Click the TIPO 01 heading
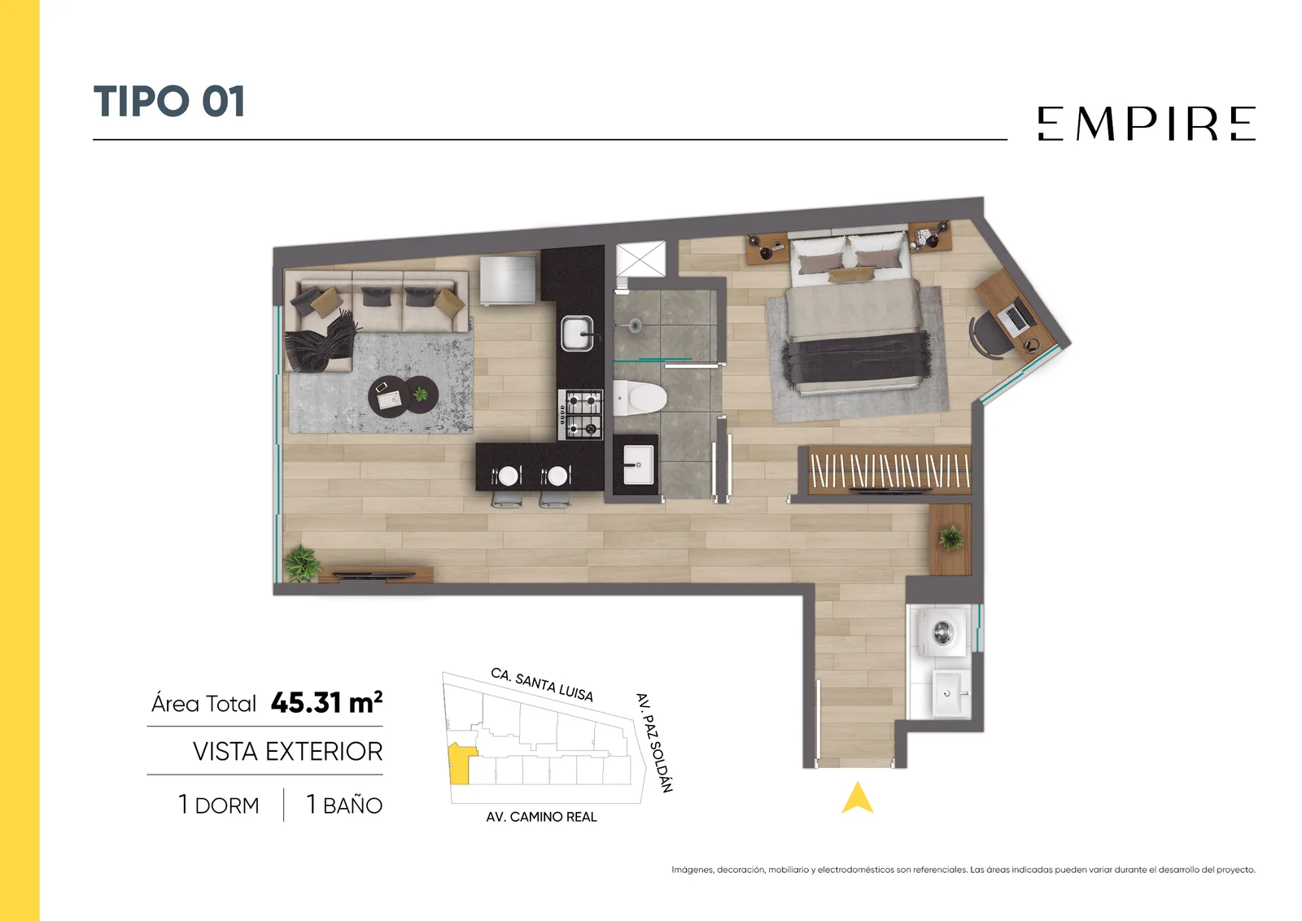(x=169, y=102)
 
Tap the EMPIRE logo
(x=1147, y=123)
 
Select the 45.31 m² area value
(x=326, y=702)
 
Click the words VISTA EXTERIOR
(x=288, y=751)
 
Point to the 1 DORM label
(x=219, y=805)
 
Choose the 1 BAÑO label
(x=344, y=805)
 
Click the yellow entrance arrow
(x=858, y=798)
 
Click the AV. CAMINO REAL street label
(x=541, y=817)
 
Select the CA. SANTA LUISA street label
(x=542, y=684)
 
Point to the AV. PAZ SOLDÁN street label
(x=654, y=742)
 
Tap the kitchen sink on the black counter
(x=577, y=334)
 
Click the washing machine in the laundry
(x=942, y=631)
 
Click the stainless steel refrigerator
(x=508, y=281)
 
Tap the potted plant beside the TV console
(x=302, y=563)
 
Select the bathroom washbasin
(x=638, y=465)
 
